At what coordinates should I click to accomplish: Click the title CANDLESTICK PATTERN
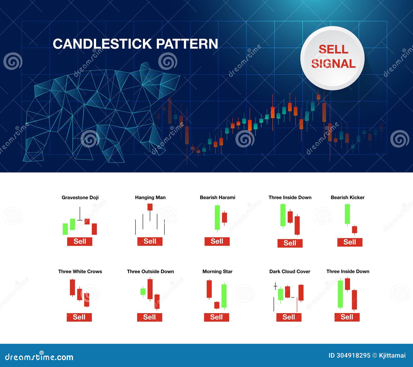(135, 44)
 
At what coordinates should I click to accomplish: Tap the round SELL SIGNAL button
(332, 58)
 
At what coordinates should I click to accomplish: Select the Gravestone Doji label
(80, 198)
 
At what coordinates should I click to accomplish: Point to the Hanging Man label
(150, 198)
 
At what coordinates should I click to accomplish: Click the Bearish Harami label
(217, 198)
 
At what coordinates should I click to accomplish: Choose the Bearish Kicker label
(347, 198)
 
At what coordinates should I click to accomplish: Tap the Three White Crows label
(80, 271)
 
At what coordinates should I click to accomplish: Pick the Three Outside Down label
(150, 271)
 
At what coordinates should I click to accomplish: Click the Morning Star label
(217, 271)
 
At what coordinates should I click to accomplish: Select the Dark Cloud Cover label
(290, 271)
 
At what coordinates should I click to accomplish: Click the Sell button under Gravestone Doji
(80, 241)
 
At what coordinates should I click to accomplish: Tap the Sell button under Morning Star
(216, 317)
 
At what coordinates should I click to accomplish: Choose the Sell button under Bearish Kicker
(350, 242)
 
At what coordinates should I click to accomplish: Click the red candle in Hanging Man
(150, 207)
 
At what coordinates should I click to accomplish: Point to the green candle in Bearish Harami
(217, 217)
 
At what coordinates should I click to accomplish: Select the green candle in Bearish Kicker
(347, 214)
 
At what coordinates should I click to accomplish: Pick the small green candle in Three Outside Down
(143, 292)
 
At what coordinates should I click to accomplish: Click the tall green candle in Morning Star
(224, 296)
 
